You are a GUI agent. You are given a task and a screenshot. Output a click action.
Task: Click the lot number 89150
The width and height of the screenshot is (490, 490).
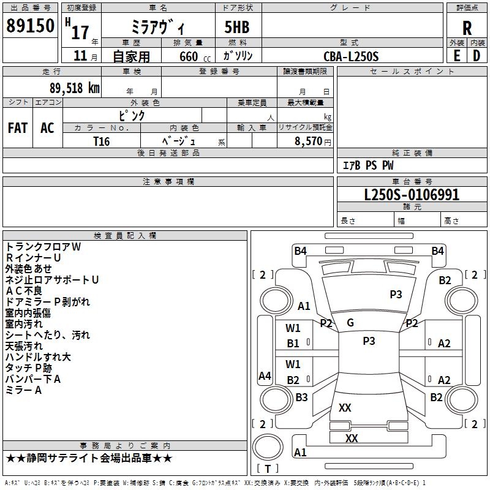(x=30, y=26)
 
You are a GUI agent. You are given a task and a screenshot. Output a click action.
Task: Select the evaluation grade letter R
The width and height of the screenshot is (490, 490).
(x=467, y=28)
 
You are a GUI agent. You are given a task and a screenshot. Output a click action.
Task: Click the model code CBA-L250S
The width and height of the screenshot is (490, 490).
(x=351, y=56)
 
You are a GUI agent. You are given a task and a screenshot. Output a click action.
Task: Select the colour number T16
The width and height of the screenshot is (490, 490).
(x=102, y=140)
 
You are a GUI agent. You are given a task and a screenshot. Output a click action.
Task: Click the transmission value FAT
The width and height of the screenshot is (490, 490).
(x=17, y=128)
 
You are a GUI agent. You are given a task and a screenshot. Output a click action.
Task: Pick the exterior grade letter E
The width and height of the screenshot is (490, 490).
(x=456, y=56)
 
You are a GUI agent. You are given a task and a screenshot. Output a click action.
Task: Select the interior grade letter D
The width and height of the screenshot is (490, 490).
(x=477, y=56)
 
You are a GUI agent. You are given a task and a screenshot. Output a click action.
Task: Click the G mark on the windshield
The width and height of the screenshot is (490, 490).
(x=350, y=323)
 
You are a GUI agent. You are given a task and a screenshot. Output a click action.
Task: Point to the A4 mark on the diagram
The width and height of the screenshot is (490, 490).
(x=265, y=376)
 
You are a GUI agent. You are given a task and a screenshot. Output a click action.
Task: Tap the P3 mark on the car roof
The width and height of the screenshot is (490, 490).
(x=369, y=341)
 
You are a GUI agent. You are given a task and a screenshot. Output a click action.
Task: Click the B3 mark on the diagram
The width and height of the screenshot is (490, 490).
(x=301, y=398)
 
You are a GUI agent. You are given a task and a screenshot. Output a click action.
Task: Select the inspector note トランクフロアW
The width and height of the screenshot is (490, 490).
(x=43, y=247)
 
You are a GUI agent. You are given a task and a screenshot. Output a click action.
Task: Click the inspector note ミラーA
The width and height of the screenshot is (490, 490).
(x=23, y=390)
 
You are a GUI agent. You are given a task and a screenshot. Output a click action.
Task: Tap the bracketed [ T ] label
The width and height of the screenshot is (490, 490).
(x=268, y=469)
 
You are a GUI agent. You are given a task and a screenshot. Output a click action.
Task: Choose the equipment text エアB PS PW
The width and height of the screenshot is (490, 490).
(x=367, y=165)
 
